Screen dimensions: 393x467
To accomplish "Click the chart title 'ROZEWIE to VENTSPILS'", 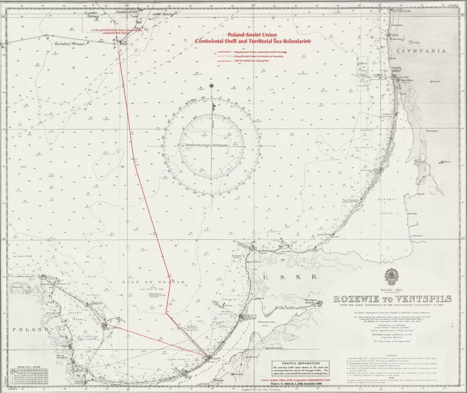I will pyautogui.click(x=393, y=299).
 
